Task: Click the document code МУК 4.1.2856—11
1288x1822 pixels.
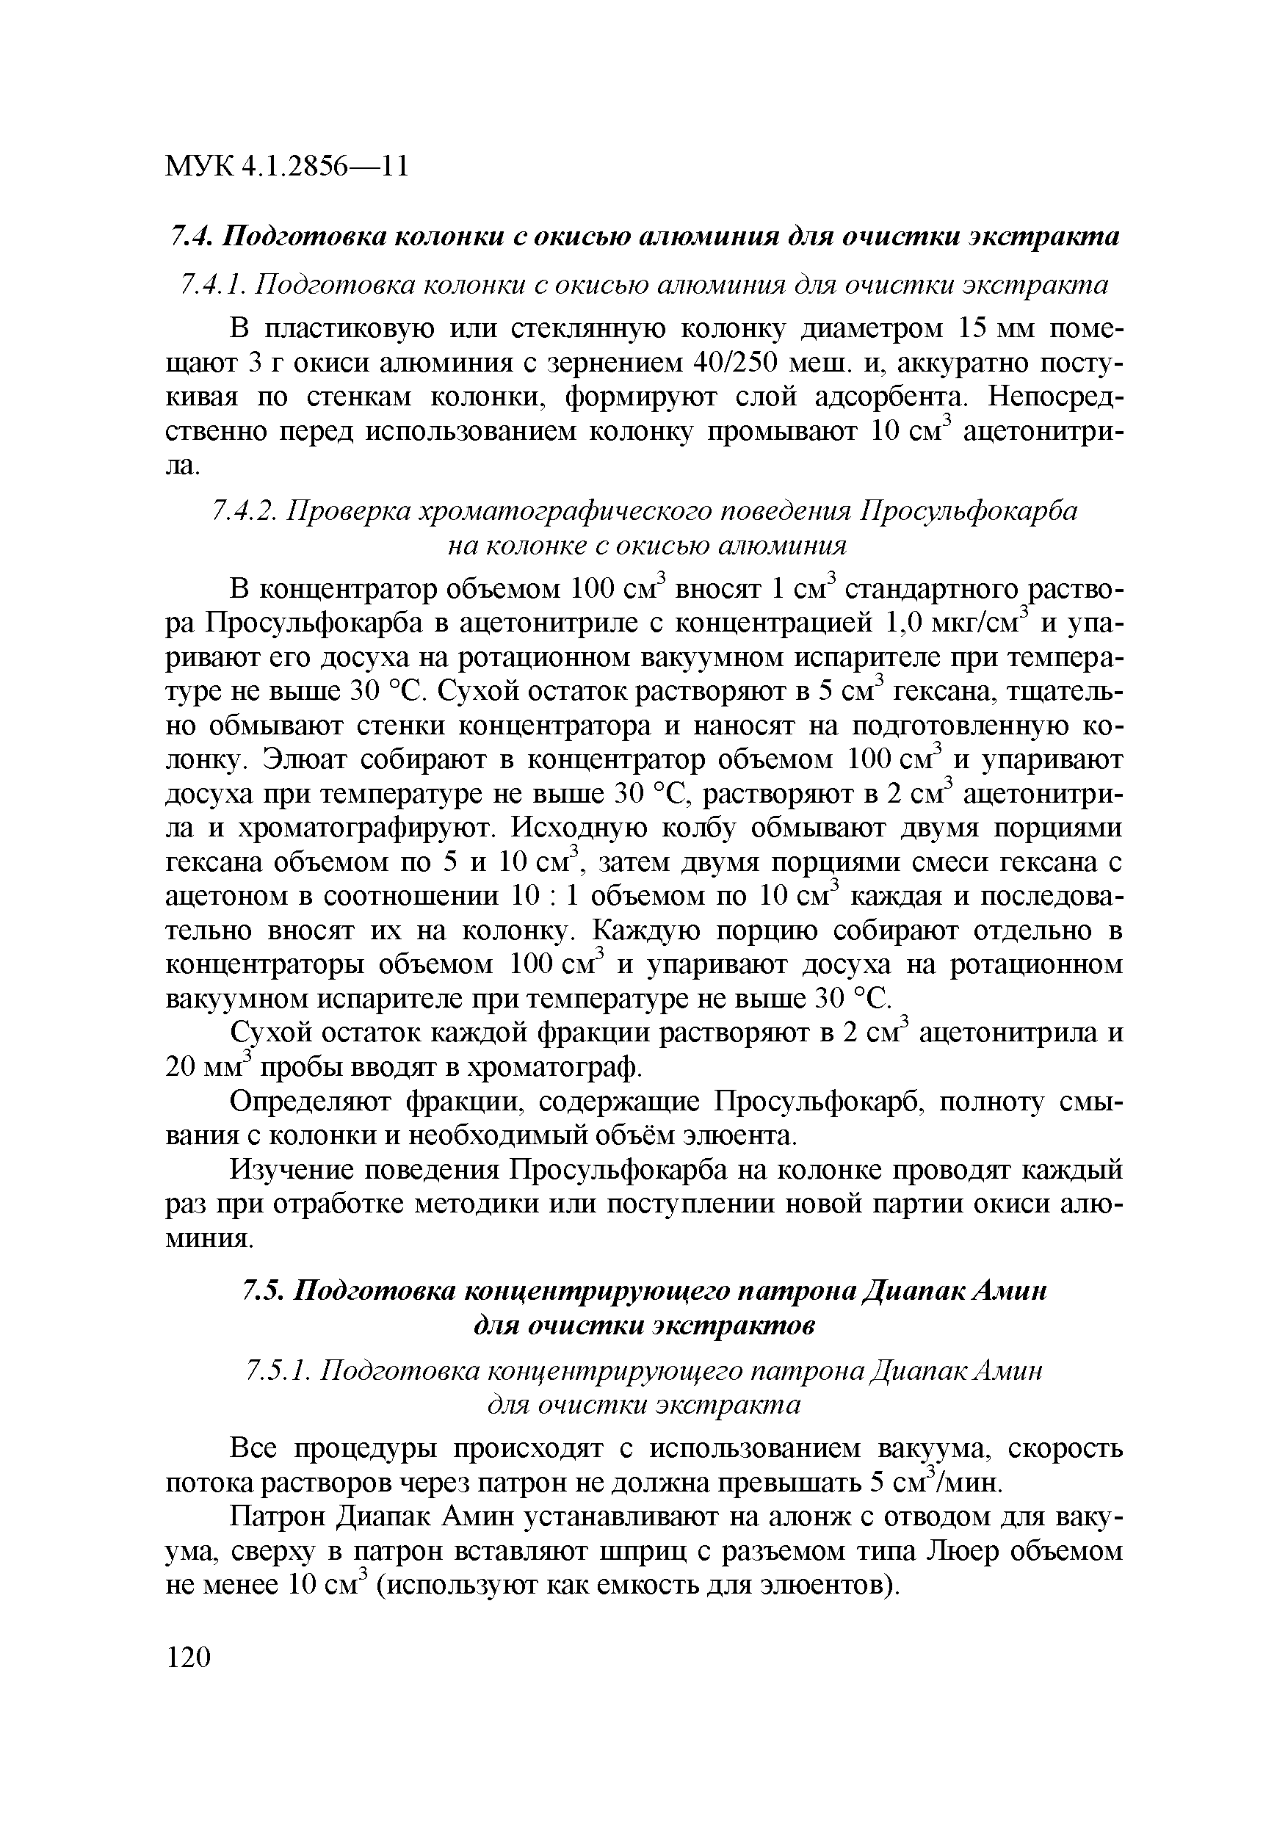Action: (x=286, y=166)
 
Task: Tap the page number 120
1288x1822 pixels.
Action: (x=189, y=1658)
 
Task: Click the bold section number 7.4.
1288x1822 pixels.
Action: (x=190, y=236)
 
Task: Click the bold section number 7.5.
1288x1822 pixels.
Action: (x=262, y=1292)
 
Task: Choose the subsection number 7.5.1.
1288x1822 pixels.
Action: (x=277, y=1371)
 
